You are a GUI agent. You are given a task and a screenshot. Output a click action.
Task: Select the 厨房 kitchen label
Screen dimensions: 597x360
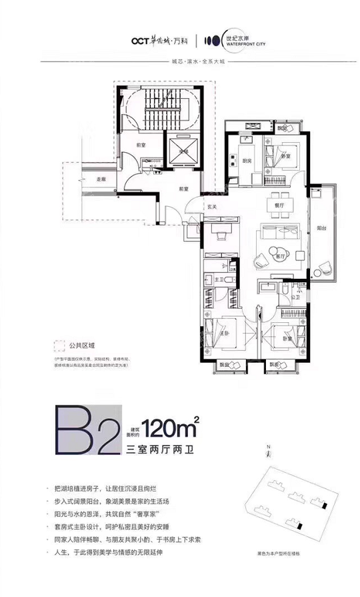pyautogui.click(x=246, y=160)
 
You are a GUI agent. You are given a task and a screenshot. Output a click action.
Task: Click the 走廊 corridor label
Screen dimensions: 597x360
pyautogui.click(x=101, y=179)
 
